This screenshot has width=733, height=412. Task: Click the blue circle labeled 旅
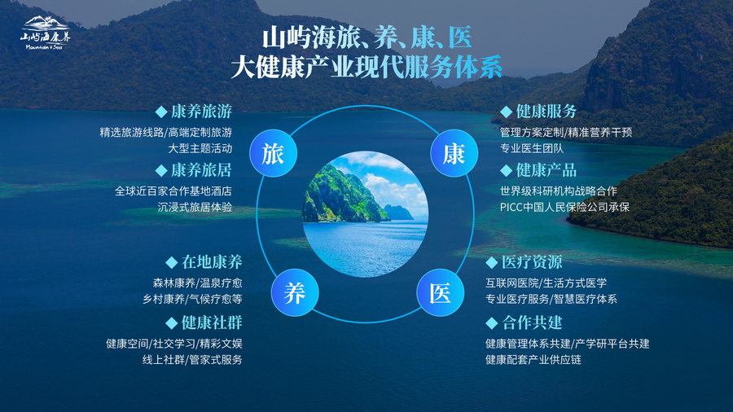click(274, 153)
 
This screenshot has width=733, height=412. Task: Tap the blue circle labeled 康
click(454, 153)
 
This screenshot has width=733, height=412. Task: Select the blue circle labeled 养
click(295, 293)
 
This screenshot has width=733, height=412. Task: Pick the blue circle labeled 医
click(441, 293)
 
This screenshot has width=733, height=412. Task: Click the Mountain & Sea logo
click(46, 33)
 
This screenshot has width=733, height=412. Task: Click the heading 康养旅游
click(201, 112)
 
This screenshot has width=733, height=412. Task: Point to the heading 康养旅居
click(201, 170)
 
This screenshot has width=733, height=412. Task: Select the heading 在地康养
click(212, 262)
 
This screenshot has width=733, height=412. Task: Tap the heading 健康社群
click(212, 322)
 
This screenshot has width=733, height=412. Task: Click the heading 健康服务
click(546, 112)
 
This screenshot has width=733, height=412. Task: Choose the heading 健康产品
click(546, 170)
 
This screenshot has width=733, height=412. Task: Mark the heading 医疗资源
click(532, 262)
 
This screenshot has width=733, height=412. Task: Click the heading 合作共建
click(532, 322)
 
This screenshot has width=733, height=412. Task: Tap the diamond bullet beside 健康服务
click(507, 112)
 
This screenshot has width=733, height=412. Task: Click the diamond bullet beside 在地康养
click(172, 262)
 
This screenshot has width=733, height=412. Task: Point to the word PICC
click(511, 208)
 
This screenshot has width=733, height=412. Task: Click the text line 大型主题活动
click(200, 148)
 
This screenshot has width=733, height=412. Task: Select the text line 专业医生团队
click(532, 148)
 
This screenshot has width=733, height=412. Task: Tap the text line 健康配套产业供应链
click(533, 360)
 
